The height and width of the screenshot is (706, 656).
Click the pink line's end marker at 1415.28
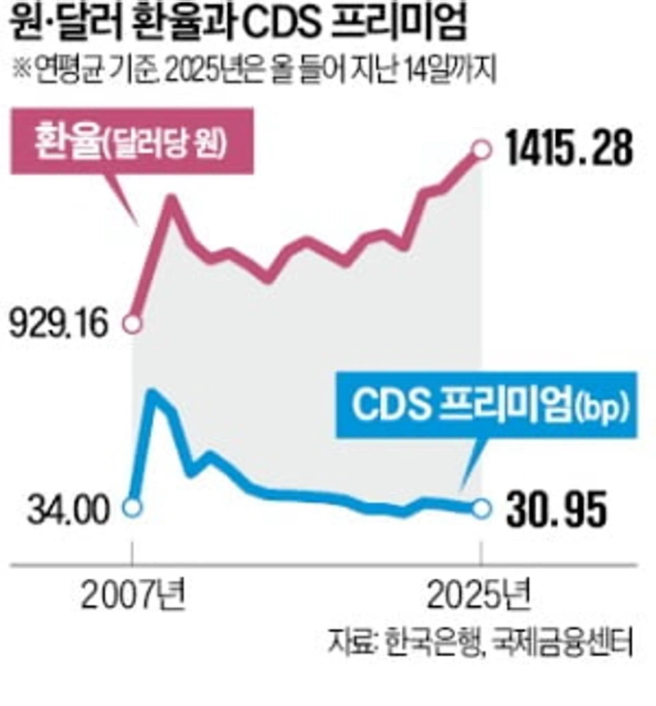click(482, 150)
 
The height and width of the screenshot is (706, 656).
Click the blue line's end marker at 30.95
click(482, 510)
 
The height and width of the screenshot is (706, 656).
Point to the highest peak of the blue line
click(152, 394)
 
